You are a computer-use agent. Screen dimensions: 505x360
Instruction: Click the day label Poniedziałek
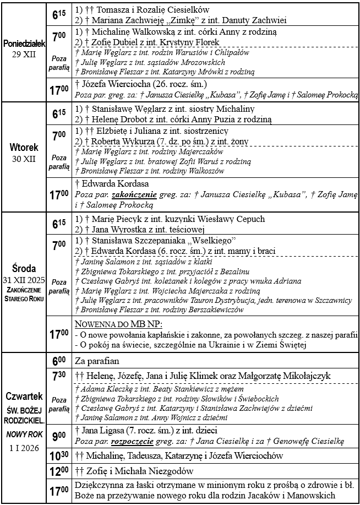tap(23, 44)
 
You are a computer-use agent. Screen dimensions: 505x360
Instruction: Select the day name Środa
tap(23, 269)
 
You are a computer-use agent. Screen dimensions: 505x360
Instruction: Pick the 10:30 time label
tap(58, 456)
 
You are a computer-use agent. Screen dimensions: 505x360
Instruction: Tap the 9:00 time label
tap(58, 436)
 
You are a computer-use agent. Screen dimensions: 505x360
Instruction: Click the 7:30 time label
tap(58, 376)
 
